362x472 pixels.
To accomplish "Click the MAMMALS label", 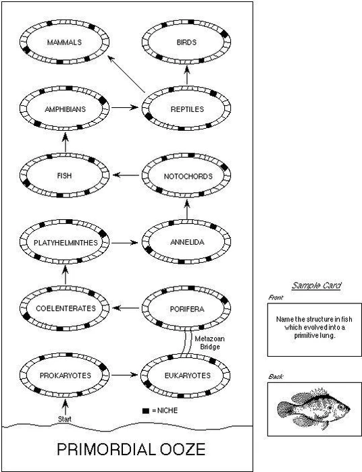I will (65, 42).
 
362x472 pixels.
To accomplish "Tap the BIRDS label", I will (187, 42).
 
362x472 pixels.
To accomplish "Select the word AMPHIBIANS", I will (65, 108).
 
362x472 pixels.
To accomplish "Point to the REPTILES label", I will (187, 108).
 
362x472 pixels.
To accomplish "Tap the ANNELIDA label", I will (187, 241).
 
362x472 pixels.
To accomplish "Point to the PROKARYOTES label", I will (65, 374).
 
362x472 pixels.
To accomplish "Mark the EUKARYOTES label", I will (187, 374).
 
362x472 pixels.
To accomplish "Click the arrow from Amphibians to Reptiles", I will (125, 108).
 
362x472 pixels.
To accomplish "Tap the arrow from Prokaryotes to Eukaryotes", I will (125, 374).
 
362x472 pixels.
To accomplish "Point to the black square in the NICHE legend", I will (145, 410).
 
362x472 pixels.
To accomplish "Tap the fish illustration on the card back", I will (314, 407).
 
